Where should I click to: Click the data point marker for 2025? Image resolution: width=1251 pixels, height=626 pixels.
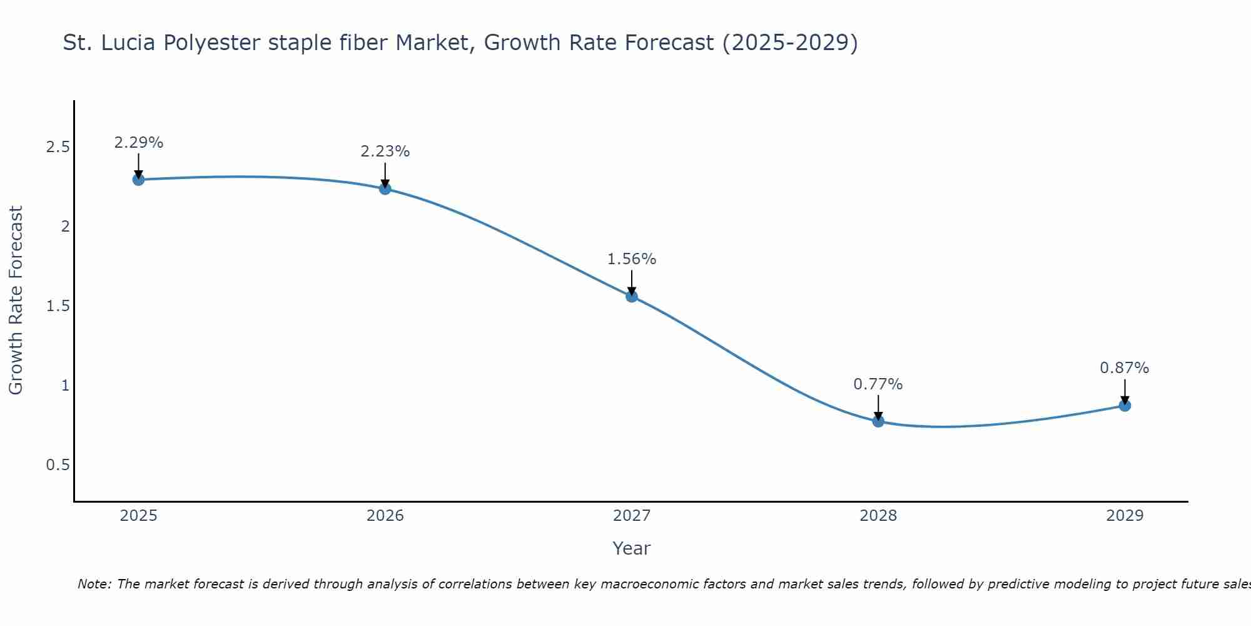[138, 180]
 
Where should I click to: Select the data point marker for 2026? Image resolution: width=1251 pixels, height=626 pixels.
[385, 188]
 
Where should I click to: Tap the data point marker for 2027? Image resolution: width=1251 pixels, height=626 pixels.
[632, 296]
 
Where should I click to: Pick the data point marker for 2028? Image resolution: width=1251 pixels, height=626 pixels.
[878, 421]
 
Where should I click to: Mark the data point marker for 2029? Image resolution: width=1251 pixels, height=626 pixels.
[1125, 406]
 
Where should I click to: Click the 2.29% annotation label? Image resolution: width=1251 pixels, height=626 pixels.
[138, 143]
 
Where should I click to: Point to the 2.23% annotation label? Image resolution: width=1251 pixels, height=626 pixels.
[385, 151]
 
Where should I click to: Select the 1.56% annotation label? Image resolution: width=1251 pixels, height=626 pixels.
[632, 259]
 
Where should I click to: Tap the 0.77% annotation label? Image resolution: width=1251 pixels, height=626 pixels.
[878, 384]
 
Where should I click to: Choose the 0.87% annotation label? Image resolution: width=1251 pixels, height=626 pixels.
[1125, 368]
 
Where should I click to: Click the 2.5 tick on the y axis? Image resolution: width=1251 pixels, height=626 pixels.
[58, 147]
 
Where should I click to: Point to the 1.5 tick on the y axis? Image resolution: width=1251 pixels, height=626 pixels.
[58, 306]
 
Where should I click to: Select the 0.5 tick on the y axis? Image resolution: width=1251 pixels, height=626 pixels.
[58, 465]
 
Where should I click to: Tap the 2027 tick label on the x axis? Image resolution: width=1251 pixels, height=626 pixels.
[632, 516]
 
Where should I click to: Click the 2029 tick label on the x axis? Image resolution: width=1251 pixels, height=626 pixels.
[1125, 516]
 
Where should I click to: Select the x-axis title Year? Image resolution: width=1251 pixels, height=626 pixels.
[632, 548]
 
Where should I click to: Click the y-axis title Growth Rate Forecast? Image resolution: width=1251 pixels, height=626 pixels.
[16, 300]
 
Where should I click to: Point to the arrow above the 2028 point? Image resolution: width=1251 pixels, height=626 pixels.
[878, 407]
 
